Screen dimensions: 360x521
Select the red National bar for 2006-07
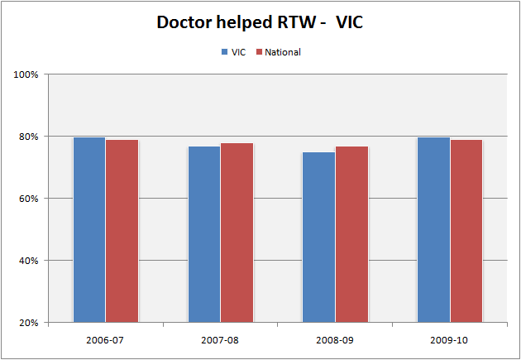click(122, 231)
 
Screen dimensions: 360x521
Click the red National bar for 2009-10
click(466, 231)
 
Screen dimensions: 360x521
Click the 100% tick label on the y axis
click(27, 74)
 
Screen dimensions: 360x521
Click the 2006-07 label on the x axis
click(105, 339)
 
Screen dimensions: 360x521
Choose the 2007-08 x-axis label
click(220, 339)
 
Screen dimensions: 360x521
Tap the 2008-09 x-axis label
click(335, 339)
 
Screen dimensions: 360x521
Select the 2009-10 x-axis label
click(450, 339)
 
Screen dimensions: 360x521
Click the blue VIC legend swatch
click(224, 52)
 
